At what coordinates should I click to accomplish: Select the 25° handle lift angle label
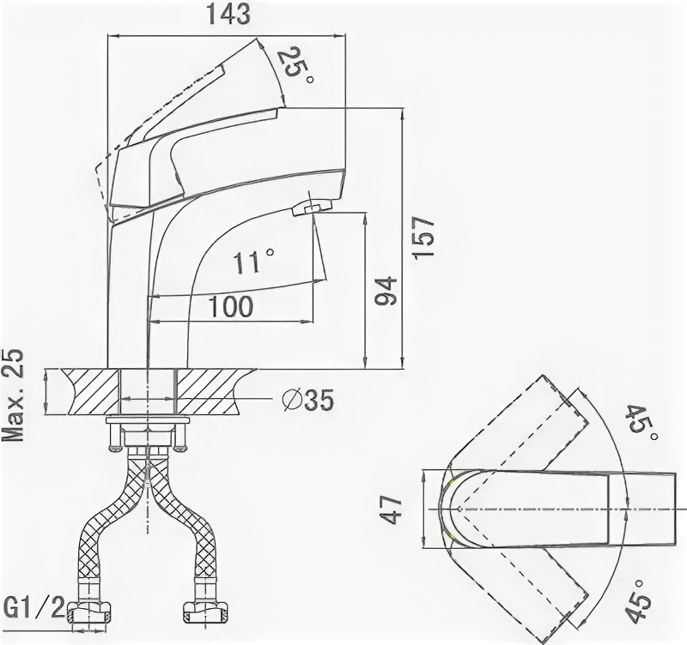[295, 63]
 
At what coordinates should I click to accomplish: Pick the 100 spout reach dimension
[230, 305]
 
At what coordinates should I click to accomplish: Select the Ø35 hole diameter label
[306, 399]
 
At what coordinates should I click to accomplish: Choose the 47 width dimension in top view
[392, 507]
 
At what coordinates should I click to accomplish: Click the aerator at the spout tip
[311, 207]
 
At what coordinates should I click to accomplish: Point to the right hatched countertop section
[214, 389]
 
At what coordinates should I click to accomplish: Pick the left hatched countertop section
[87, 389]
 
